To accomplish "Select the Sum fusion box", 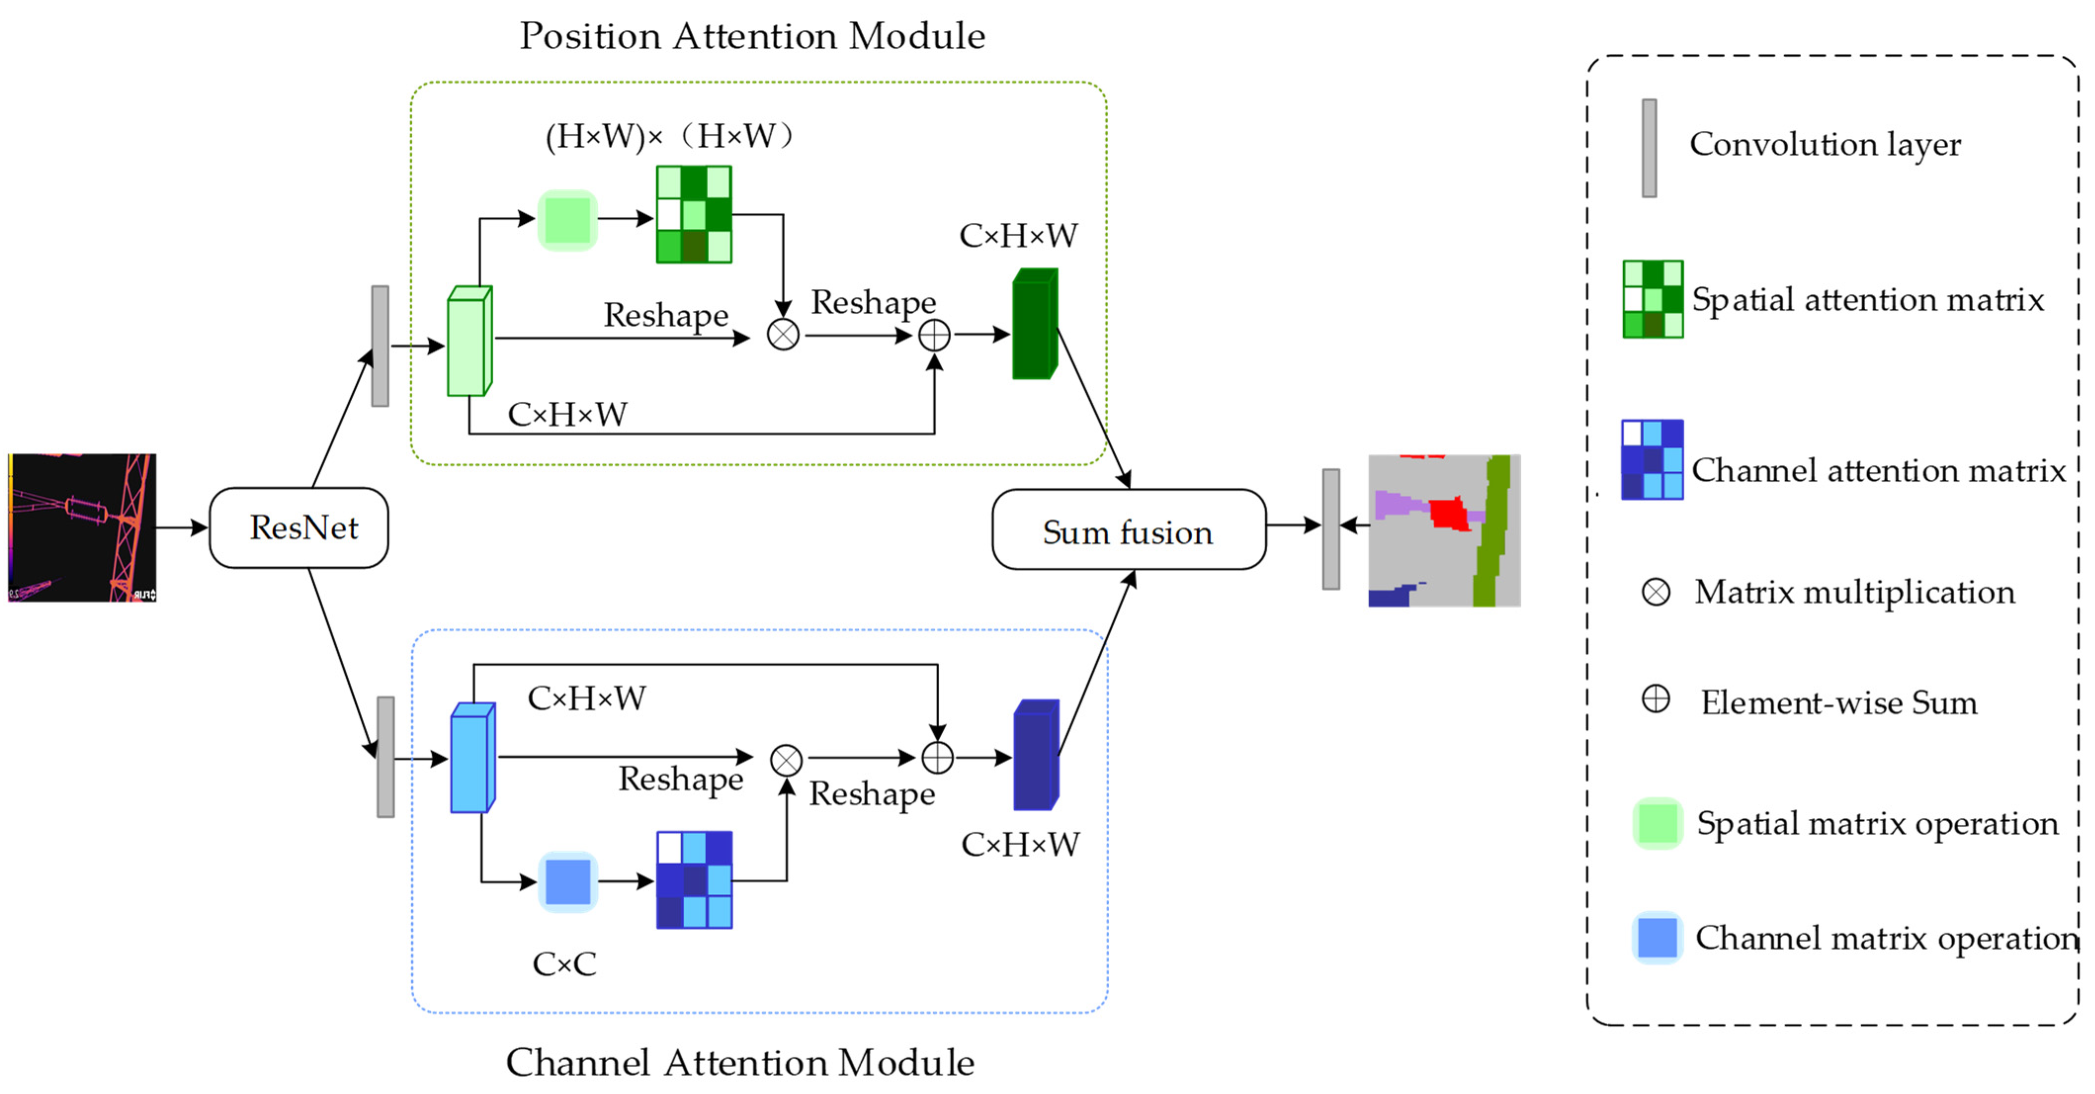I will point(1128,530).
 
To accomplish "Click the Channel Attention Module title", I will point(740,1062).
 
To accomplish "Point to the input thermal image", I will point(82,528).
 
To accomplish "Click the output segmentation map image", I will point(1444,530).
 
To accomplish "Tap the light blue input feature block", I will point(472,758).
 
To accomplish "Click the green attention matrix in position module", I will point(694,215).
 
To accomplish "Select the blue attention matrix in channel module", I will point(694,880).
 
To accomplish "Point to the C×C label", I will point(564,964).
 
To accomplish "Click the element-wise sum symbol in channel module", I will point(937,758).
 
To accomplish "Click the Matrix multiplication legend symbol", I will point(1656,592).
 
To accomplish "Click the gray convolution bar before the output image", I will point(1331,529).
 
